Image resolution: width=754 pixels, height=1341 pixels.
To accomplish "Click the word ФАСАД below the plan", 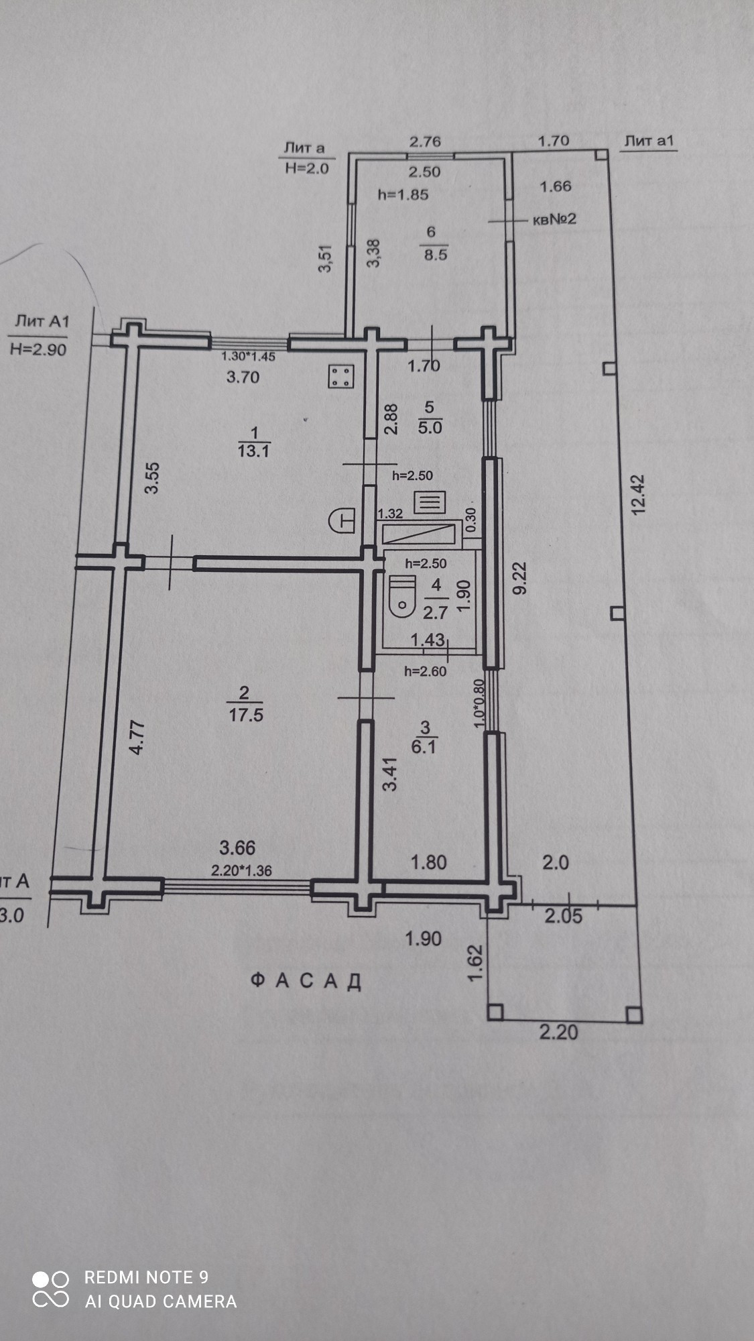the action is tap(306, 982).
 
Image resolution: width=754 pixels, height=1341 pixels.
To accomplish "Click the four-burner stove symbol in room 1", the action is tap(340, 377).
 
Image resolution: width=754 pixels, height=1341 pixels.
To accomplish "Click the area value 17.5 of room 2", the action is tap(246, 715).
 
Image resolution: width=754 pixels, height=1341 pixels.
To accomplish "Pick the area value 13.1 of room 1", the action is tap(253, 451).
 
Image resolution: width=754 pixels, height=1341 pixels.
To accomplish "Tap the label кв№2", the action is tap(555, 220).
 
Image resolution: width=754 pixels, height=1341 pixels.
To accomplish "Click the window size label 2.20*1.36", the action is tap(241, 871).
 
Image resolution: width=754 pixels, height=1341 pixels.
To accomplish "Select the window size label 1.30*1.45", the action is tap(249, 357).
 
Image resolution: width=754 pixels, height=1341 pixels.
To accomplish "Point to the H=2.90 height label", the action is tap(38, 349).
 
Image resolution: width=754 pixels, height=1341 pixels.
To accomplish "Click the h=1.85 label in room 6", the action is tap(403, 195).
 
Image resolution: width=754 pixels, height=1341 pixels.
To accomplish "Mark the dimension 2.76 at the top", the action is tap(426, 141).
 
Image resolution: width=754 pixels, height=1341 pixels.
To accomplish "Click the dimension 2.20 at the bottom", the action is tap(558, 1031).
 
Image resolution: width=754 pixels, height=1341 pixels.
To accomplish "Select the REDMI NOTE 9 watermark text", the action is tap(146, 1277).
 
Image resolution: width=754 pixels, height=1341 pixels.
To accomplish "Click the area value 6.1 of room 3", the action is tap(424, 746).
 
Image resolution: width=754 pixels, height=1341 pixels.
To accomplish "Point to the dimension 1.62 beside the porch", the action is tap(475, 963).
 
